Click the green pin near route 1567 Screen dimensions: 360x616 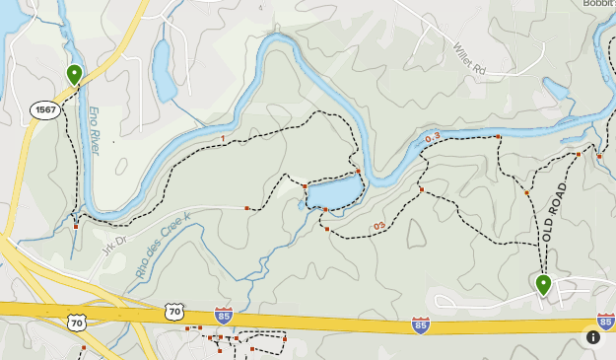pyautogui.click(x=74, y=73)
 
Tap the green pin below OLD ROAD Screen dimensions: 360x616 pyautogui.click(x=543, y=284)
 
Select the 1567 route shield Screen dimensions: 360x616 pyautogui.click(x=45, y=110)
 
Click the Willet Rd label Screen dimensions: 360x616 pyautogui.click(x=470, y=60)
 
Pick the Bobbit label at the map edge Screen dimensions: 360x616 pyautogui.click(x=597, y=5)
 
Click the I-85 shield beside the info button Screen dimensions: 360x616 pyautogui.click(x=605, y=322)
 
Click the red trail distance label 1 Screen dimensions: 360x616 pyautogui.click(x=224, y=139)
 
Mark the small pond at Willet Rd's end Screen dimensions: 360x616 pyautogui.click(x=557, y=92)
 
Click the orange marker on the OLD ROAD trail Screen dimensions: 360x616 pyautogui.click(x=527, y=193)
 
